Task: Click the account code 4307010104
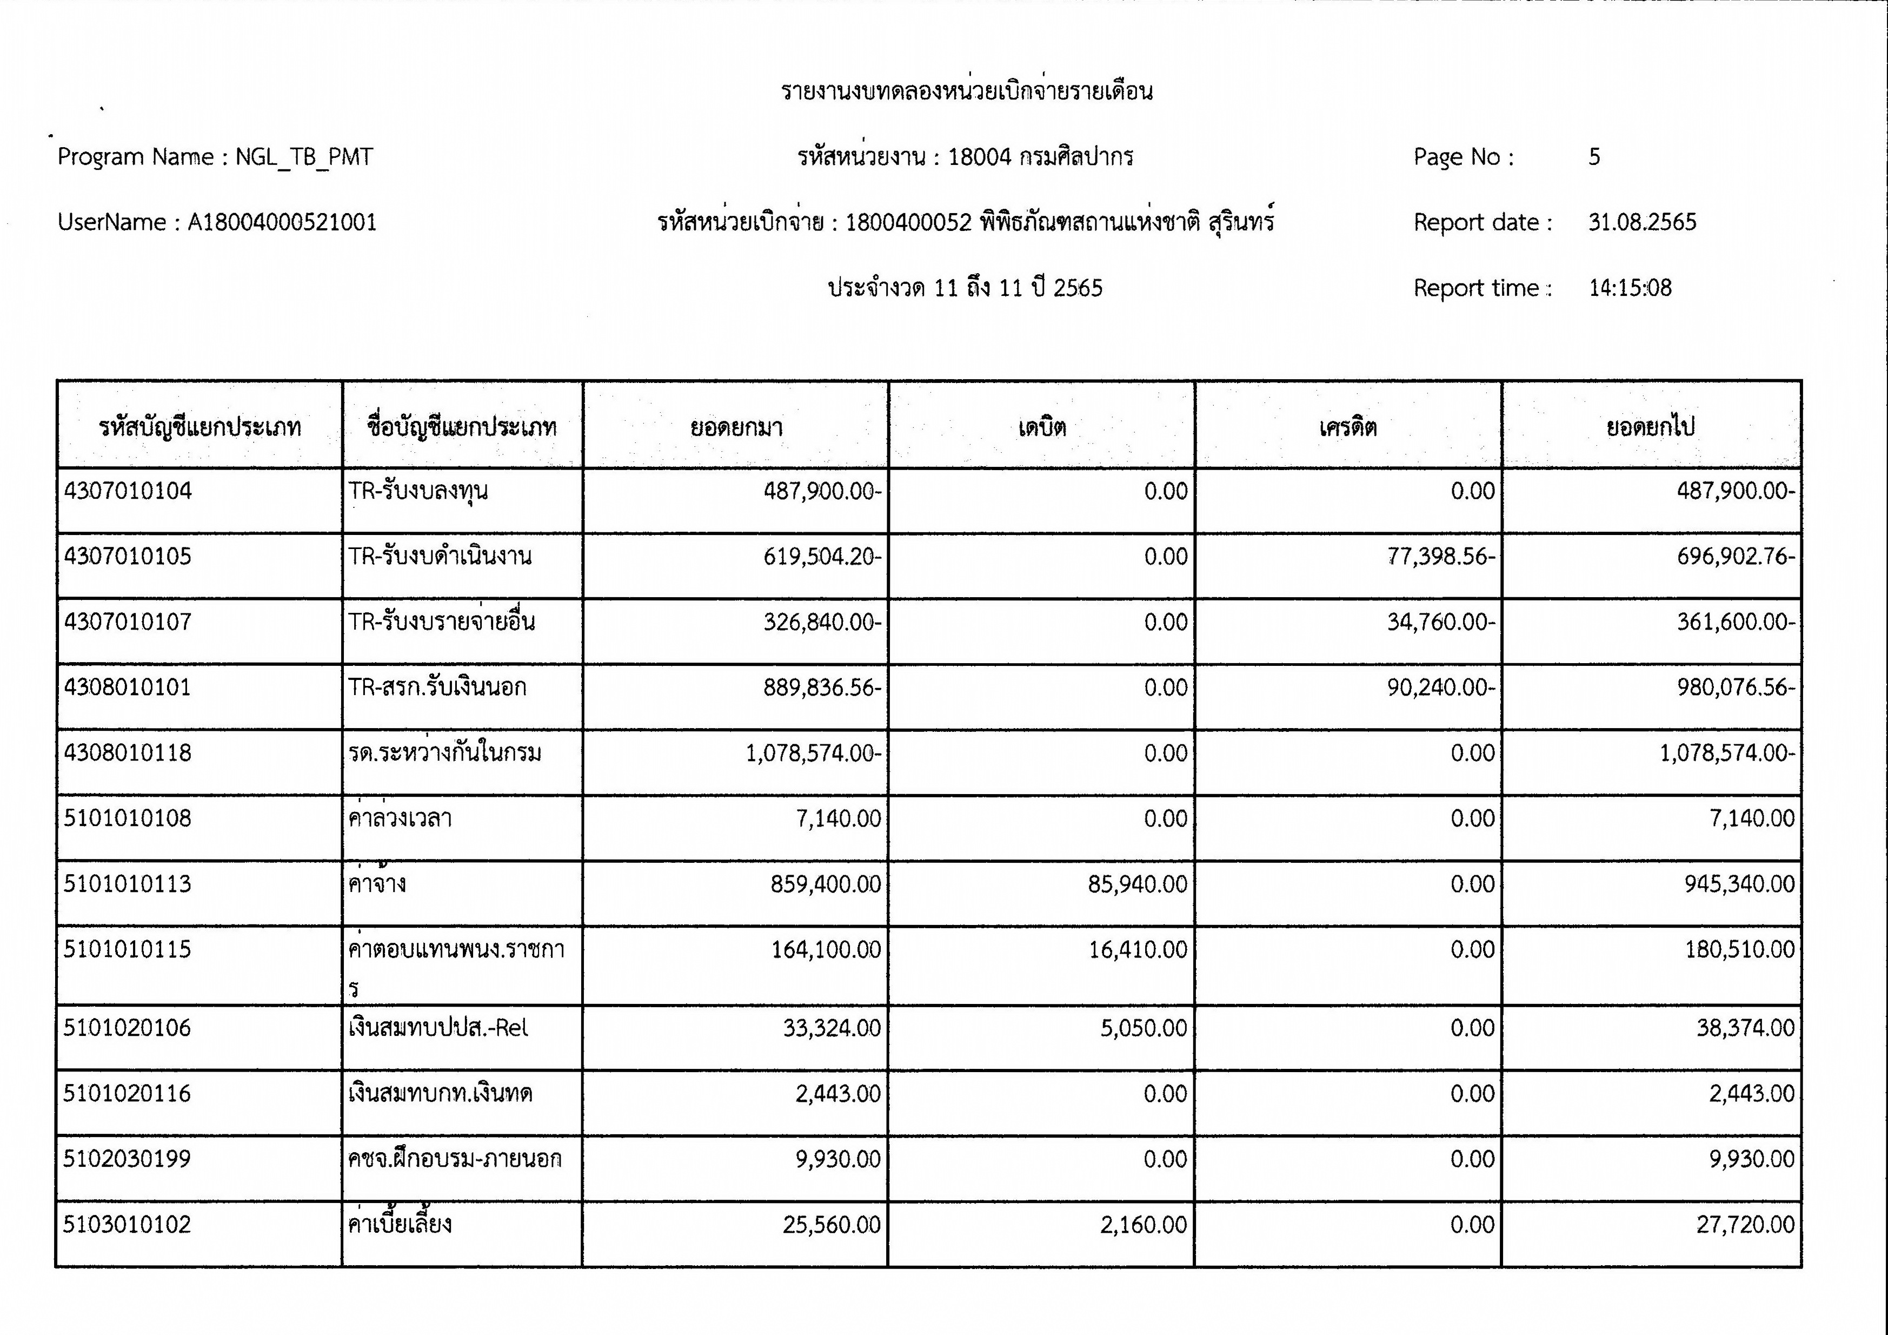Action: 128,491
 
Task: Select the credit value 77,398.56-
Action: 1441,557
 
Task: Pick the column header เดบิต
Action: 1042,427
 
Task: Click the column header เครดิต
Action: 1348,427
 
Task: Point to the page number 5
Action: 1594,157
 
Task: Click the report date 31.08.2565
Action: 1642,222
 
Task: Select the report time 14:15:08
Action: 1630,288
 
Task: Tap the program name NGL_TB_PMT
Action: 304,157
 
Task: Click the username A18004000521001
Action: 282,222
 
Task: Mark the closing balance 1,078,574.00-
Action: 1727,754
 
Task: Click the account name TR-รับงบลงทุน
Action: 418,491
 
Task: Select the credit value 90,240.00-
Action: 1441,688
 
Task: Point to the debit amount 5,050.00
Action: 1144,1028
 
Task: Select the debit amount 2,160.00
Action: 1144,1225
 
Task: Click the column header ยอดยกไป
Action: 1650,427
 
